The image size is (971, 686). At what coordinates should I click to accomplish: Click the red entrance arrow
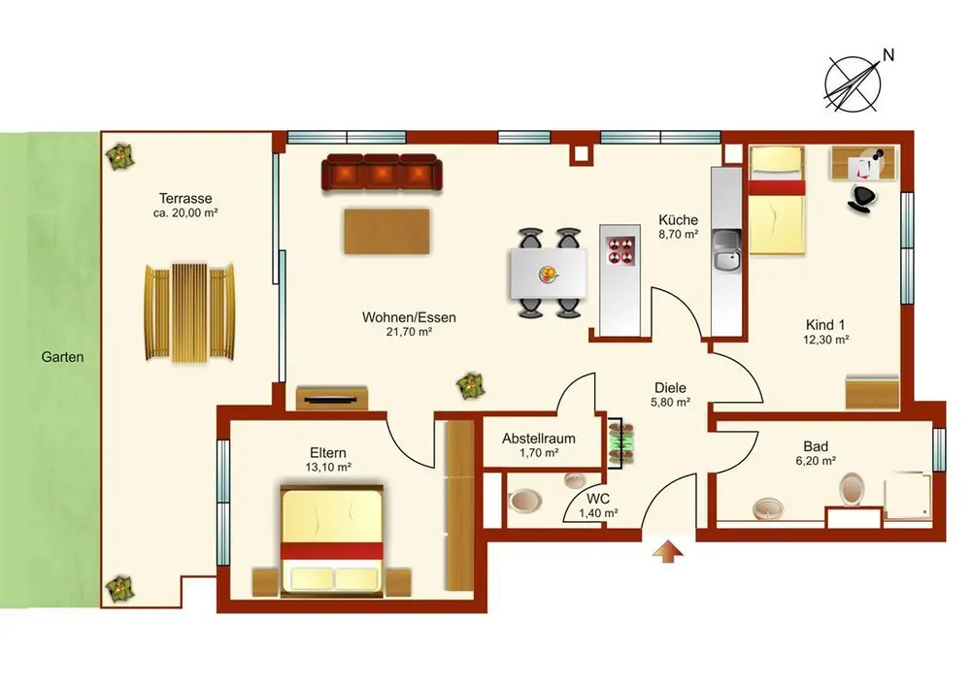coord(668,551)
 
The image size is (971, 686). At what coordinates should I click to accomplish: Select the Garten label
coord(62,357)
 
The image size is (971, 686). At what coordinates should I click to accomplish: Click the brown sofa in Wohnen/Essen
coord(382,172)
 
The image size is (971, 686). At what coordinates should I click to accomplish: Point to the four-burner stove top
coord(620,249)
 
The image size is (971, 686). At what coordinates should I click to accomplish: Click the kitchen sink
coord(727,251)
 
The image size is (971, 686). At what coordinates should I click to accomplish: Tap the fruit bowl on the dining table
coord(549,273)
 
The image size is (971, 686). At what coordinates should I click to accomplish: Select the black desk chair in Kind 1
coord(862,197)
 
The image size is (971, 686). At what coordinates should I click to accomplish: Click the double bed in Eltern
coord(331,540)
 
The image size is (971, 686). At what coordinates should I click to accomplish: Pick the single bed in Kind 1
coord(777,201)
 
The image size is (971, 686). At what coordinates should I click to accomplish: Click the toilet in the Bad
coord(853,489)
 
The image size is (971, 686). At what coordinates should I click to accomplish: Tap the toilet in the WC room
coord(524,501)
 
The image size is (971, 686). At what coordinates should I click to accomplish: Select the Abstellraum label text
coord(538,439)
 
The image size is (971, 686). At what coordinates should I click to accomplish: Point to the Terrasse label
coord(185,199)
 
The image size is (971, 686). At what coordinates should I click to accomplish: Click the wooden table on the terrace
coord(189,312)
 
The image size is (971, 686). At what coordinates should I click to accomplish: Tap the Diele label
coord(670,388)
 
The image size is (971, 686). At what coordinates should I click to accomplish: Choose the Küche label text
coord(678,219)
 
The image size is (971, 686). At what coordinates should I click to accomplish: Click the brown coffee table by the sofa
coord(387,231)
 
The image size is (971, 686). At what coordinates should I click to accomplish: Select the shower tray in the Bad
coord(908,494)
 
